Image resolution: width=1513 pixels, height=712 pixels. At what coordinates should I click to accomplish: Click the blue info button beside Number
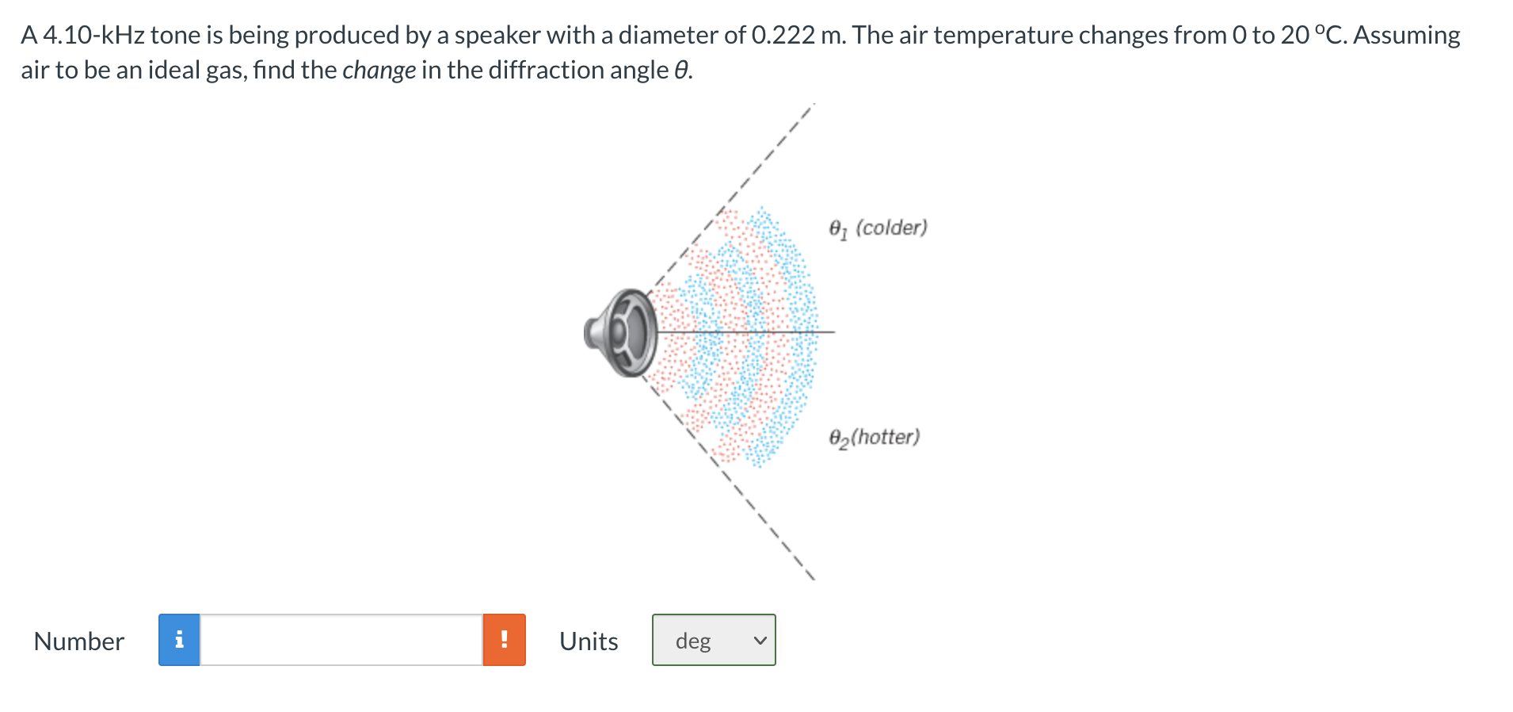(179, 640)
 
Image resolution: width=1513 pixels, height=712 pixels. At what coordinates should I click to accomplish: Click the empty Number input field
(341, 640)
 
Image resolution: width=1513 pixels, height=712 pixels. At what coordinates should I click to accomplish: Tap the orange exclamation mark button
(505, 640)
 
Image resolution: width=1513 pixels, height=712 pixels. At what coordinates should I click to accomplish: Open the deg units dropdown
(714, 640)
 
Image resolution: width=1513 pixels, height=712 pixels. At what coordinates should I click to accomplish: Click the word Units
(589, 641)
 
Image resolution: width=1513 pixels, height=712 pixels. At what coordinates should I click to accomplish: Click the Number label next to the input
(79, 641)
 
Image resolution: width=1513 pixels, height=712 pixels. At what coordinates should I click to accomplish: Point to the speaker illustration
(623, 333)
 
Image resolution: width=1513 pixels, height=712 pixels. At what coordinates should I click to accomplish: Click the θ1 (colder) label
(878, 228)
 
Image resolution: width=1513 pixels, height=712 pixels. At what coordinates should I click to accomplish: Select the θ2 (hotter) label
(875, 438)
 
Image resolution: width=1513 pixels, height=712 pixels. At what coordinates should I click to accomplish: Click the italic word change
(379, 71)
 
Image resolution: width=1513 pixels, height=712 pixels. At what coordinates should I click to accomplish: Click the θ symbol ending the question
(681, 71)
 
